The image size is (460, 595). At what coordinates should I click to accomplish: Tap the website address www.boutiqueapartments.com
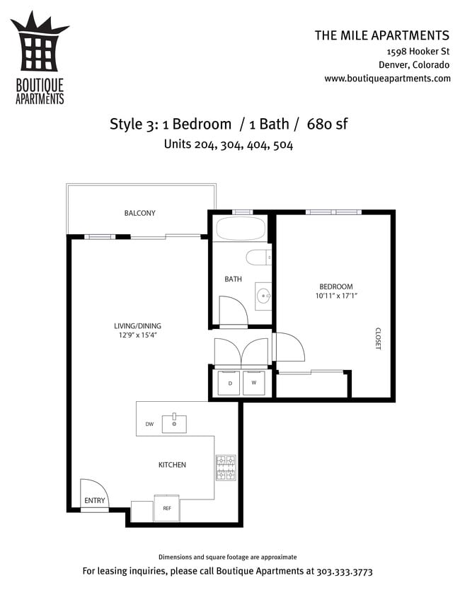coord(387,79)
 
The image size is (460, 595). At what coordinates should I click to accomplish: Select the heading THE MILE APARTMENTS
coord(382,35)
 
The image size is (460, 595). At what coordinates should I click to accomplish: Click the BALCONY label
coord(139,213)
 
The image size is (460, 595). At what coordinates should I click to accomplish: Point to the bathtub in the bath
coord(240,229)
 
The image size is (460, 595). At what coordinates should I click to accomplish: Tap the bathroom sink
coord(263,295)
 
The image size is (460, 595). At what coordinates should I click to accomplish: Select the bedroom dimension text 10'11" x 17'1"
coord(336,296)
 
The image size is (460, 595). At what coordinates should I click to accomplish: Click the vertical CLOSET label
coord(377,338)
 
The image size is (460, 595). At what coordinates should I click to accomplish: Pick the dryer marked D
coord(229,383)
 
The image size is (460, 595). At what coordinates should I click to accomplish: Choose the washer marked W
coord(254,383)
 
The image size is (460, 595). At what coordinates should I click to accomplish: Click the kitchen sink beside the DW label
coord(174,424)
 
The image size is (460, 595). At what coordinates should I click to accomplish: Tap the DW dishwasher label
coord(149,424)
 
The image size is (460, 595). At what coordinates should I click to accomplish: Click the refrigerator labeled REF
coord(167,508)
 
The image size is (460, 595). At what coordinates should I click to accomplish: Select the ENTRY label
coord(95,501)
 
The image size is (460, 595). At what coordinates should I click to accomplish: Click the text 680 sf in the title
coord(327,124)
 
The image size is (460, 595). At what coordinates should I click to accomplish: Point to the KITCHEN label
coord(172,465)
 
